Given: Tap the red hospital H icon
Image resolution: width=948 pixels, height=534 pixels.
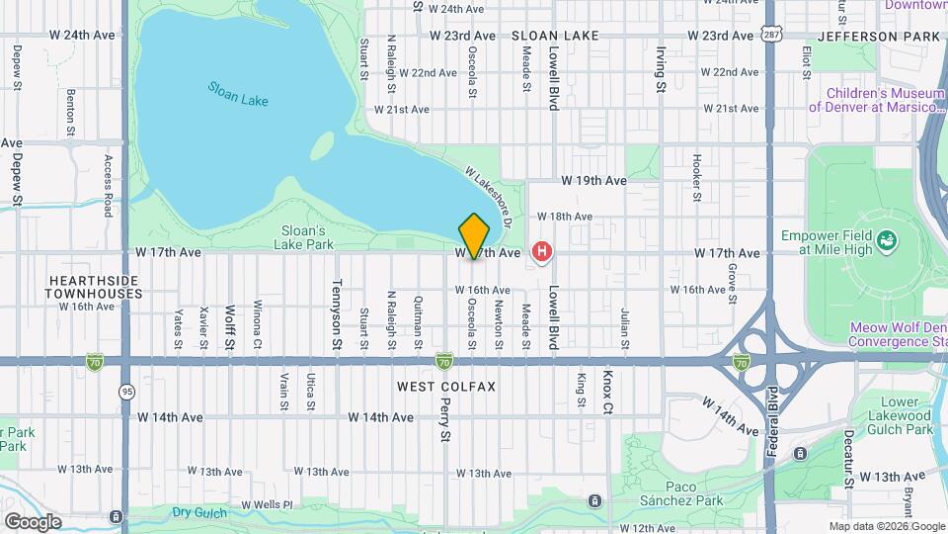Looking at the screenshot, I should [541, 253].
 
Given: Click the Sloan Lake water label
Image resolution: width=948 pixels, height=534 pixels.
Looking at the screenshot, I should [238, 94].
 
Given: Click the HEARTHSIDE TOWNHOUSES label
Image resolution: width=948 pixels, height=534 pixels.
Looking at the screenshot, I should [95, 287].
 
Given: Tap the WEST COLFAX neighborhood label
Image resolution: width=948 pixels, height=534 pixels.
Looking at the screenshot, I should [446, 386].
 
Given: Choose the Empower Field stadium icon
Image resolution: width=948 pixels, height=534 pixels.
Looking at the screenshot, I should [887, 239].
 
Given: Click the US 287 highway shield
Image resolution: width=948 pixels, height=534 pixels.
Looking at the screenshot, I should [771, 35].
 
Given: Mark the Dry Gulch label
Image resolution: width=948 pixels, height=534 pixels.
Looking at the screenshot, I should [199, 512].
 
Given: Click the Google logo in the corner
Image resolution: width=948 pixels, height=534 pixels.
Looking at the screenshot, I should [33, 521].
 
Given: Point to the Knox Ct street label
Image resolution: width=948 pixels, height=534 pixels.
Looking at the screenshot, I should [607, 393].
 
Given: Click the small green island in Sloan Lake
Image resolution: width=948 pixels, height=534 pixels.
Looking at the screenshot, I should [322, 145].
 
